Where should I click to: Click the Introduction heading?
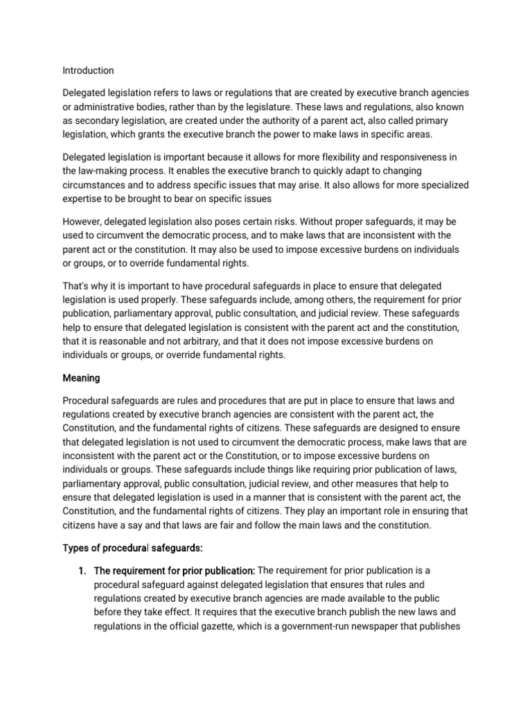click(x=88, y=71)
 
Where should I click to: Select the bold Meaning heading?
click(x=81, y=378)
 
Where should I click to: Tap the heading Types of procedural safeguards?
click(x=132, y=548)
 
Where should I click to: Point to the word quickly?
click(x=250, y=170)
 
